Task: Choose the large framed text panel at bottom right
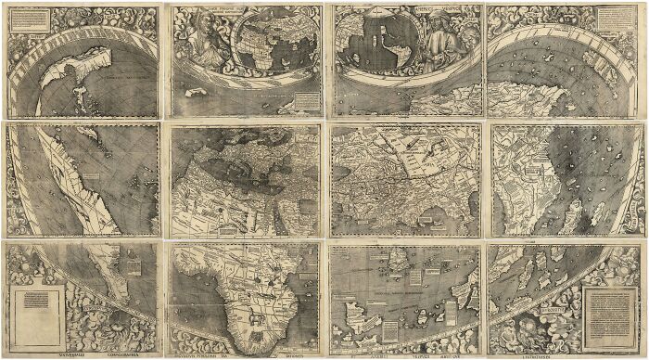coord(609,305)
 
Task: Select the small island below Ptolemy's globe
coord(200,93)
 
